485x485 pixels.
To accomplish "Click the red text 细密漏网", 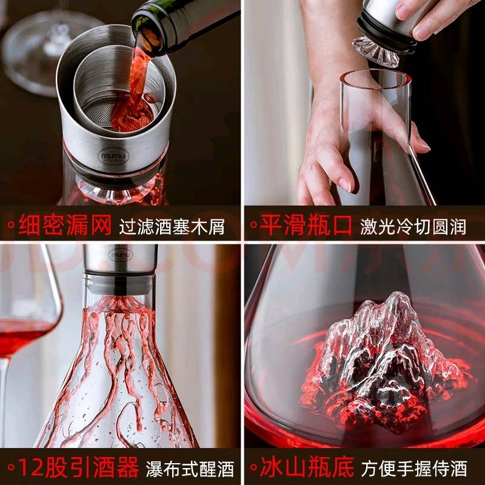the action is tap(65, 225).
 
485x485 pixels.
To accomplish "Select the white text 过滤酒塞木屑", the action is tap(172, 227).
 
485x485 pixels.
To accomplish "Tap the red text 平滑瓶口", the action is tap(306, 225).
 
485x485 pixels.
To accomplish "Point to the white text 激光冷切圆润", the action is tap(413, 227).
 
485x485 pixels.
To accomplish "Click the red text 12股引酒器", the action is tap(78, 467).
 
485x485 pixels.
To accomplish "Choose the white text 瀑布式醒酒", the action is tap(190, 469).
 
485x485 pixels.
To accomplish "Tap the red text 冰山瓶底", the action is tap(307, 467).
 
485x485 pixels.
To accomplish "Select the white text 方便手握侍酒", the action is tap(414, 469).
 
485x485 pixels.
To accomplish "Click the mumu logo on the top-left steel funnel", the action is tap(113, 156).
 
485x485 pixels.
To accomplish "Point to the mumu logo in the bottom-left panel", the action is tap(121, 255).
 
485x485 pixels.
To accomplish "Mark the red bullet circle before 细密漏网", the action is tap(11, 224).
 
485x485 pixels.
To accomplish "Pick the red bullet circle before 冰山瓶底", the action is tap(253, 467).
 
